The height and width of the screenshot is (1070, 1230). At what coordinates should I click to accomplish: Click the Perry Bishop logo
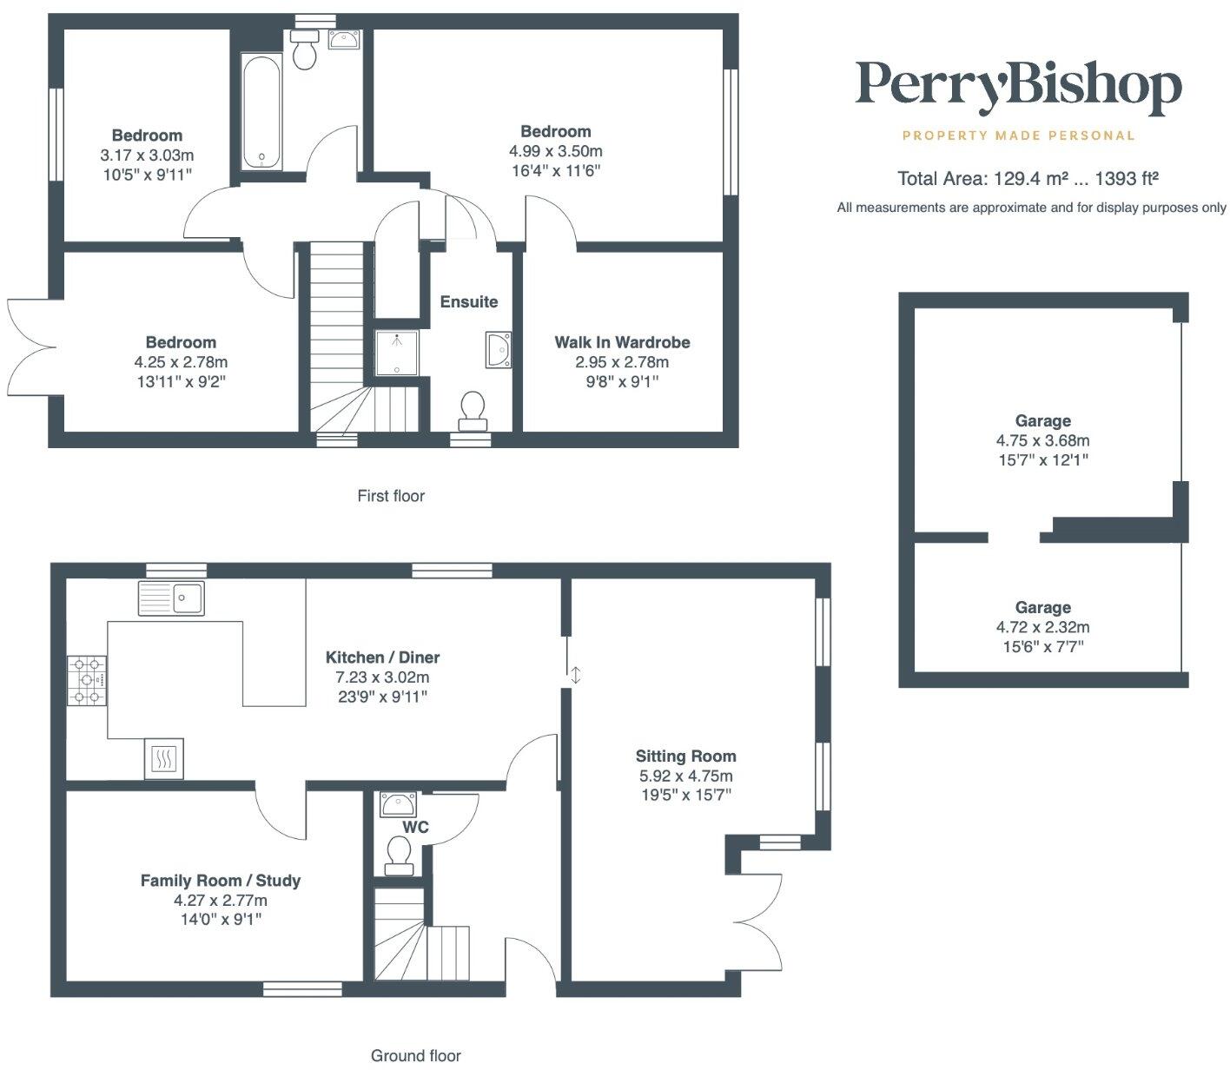(1018, 88)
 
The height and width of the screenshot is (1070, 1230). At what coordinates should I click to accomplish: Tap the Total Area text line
(1028, 179)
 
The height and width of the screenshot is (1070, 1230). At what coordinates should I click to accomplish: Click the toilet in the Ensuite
(473, 408)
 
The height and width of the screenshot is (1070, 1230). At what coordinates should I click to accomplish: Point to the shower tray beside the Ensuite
(397, 353)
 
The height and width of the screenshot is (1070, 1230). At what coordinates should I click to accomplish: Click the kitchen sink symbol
(171, 598)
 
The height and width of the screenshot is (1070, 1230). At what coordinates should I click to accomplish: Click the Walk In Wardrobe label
(622, 342)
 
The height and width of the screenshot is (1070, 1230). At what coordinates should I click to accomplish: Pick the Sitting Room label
(685, 756)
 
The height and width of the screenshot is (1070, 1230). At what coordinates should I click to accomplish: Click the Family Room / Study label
(221, 881)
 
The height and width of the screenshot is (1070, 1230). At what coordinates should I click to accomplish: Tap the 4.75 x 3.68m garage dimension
(1042, 440)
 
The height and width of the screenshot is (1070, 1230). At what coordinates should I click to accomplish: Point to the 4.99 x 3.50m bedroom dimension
(555, 151)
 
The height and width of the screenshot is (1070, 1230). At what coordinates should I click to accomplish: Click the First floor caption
(391, 496)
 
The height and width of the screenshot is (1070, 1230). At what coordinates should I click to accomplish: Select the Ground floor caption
(415, 1055)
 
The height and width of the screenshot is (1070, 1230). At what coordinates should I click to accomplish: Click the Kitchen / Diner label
(382, 657)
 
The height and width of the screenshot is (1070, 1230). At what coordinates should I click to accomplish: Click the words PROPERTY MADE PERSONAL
(1018, 135)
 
